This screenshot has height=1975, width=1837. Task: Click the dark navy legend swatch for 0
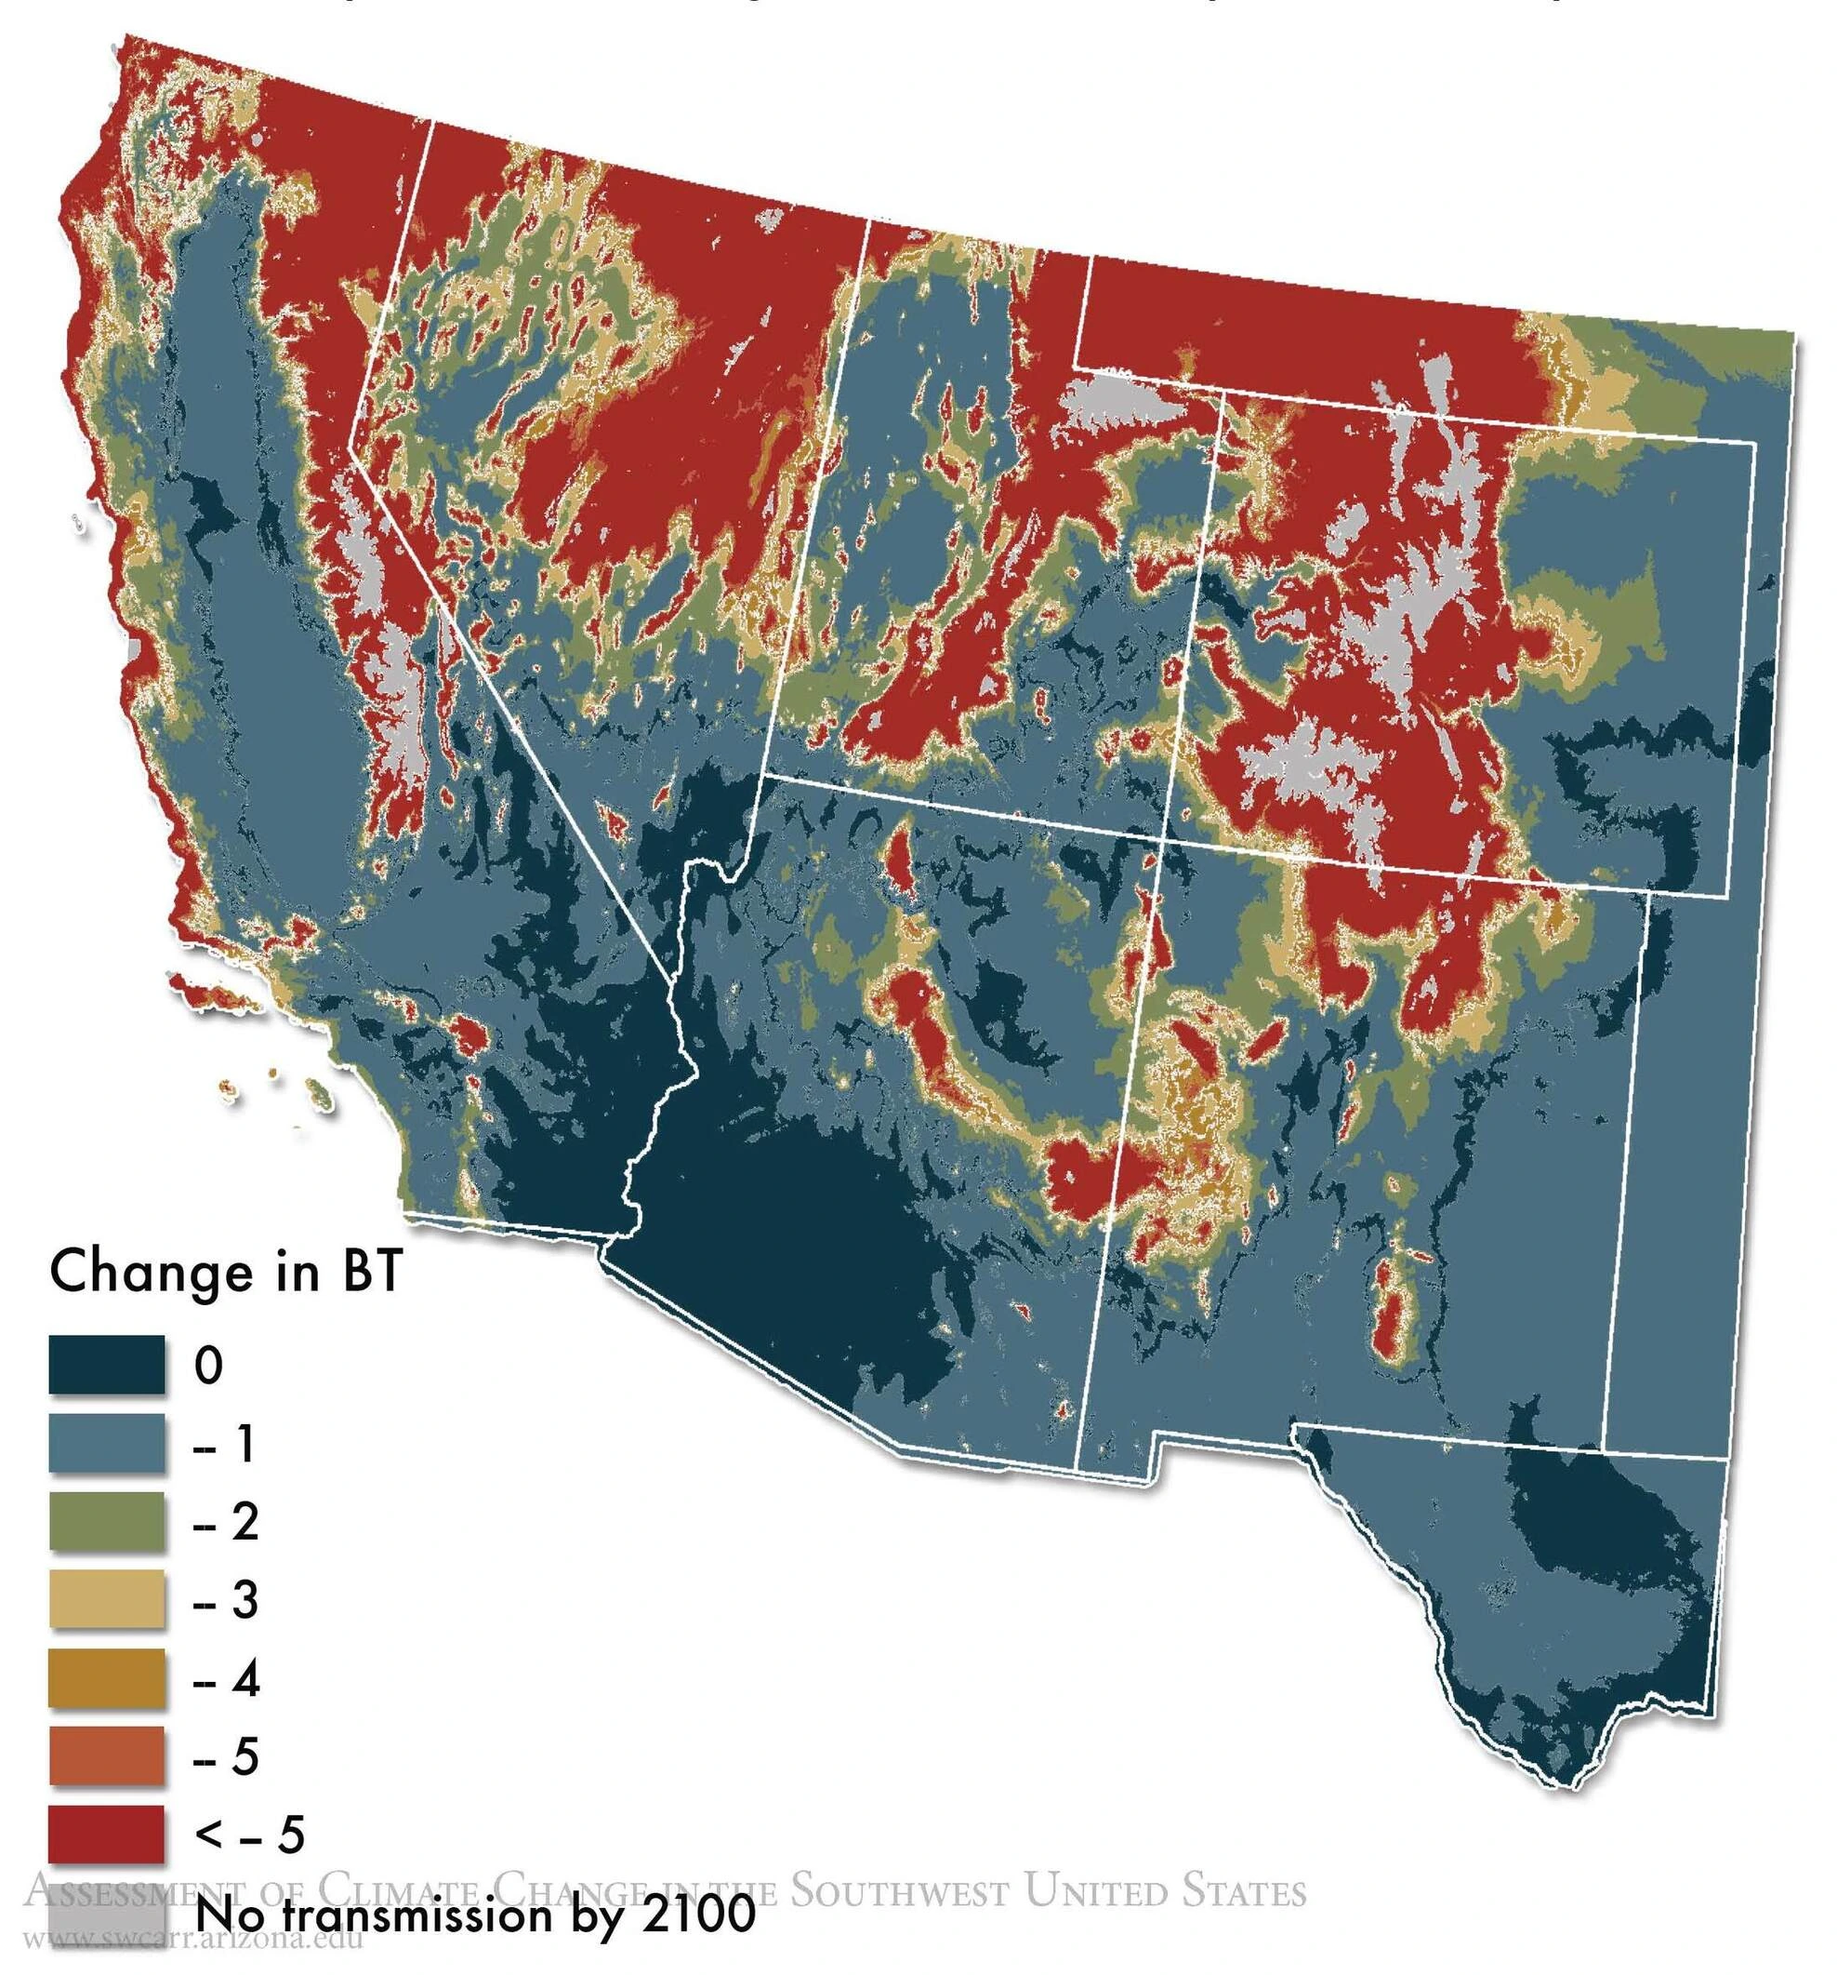pos(106,1366)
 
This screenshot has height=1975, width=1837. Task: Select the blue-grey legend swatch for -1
pos(106,1444)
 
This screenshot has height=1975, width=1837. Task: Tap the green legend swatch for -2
pos(106,1521)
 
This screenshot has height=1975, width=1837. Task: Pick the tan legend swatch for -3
pos(106,1599)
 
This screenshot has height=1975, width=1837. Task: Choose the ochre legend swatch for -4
pos(106,1678)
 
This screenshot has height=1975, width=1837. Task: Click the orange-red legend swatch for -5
pos(106,1756)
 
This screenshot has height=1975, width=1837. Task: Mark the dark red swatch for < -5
pos(106,1834)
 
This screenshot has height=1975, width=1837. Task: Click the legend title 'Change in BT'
pos(224,1273)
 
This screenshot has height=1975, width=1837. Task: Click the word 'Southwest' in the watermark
pos(899,1890)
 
